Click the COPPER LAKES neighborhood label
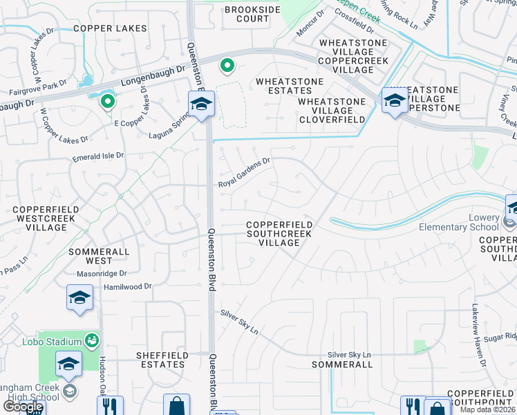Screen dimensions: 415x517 [x=110, y=28]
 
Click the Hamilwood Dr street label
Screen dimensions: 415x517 [x=126, y=286]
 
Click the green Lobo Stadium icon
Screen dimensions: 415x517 [x=91, y=340]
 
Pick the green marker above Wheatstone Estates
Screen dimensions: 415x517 [x=226, y=66]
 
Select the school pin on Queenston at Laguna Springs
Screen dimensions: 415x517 [x=202, y=105]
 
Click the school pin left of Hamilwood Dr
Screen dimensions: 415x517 [x=79, y=299]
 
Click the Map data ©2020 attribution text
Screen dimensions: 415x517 [x=488, y=409]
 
